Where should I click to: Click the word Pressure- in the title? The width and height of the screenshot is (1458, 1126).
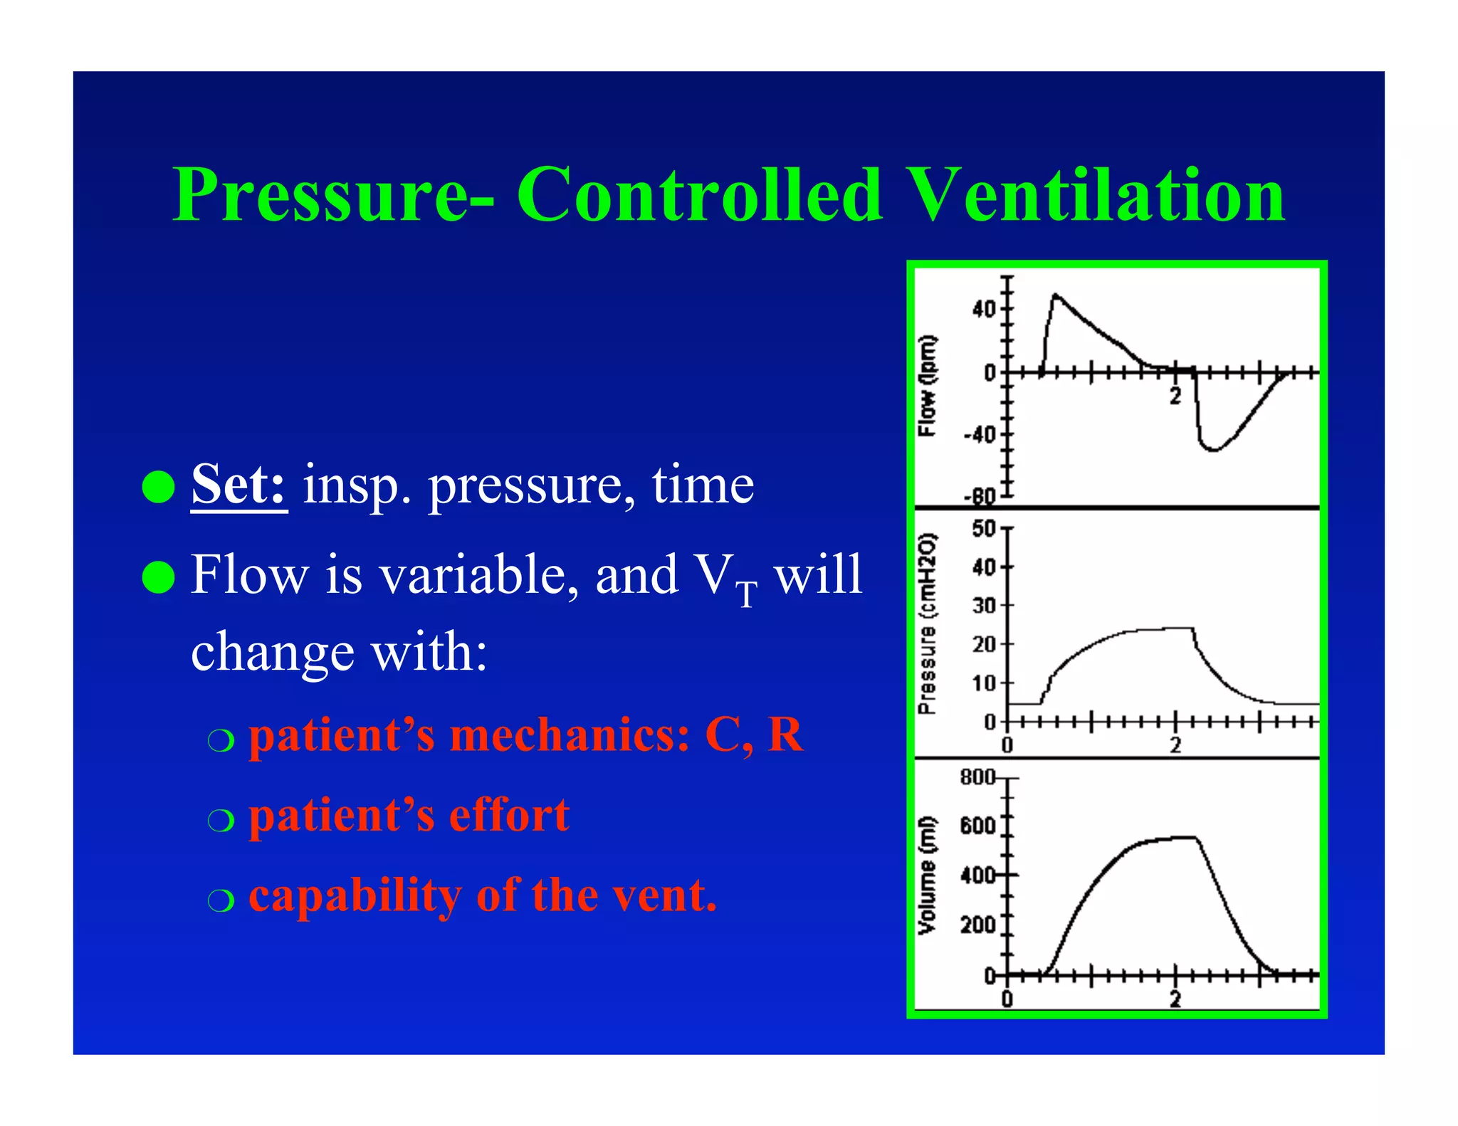(x=333, y=194)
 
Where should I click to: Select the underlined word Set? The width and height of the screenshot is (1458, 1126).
(x=239, y=484)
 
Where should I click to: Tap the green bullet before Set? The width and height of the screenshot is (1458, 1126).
(x=158, y=487)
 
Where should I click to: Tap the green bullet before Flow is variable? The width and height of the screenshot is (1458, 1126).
(x=158, y=577)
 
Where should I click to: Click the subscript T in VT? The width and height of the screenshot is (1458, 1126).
(x=746, y=594)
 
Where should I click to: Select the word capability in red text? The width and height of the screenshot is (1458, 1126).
(x=355, y=895)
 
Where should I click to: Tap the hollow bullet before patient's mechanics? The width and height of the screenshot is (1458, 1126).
(x=221, y=740)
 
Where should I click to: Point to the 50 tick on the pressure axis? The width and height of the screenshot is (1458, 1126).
(x=984, y=529)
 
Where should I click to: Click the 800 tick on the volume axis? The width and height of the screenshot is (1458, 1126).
(x=978, y=777)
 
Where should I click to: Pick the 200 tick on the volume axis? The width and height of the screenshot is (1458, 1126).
(x=978, y=925)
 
